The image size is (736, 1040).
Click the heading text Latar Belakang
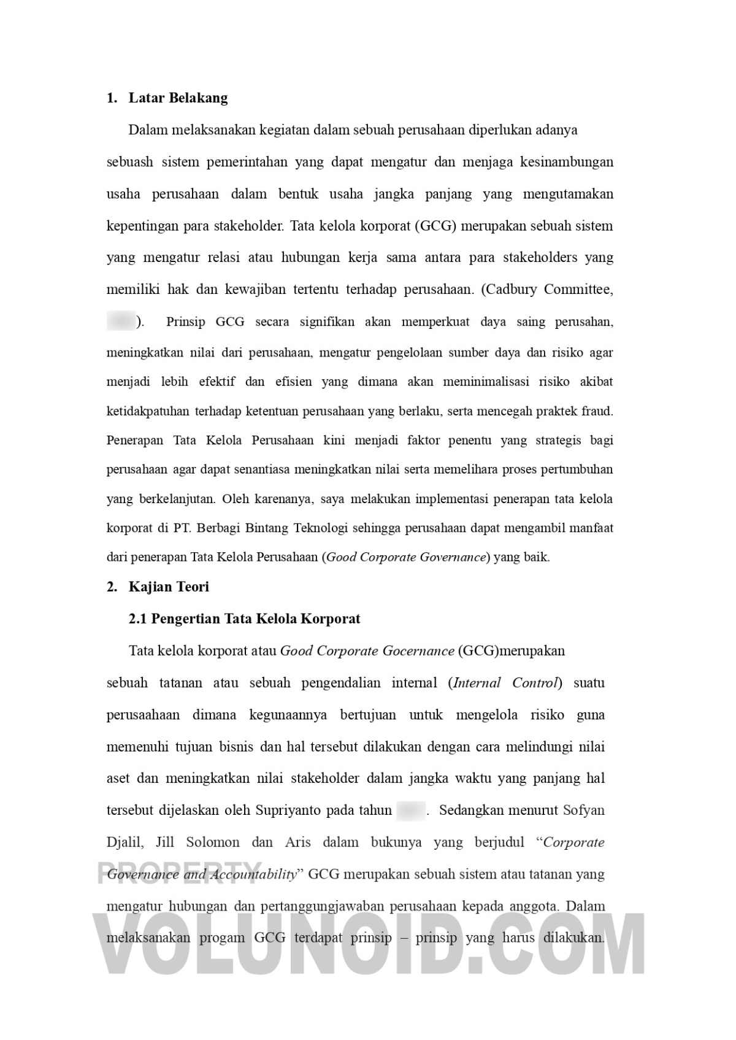[x=178, y=98]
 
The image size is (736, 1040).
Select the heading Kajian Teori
[x=169, y=587]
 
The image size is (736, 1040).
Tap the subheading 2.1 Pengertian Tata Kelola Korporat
[x=245, y=618]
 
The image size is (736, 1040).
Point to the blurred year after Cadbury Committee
[x=121, y=322]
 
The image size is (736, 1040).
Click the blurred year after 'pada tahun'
[x=410, y=811]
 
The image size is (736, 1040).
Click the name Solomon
[x=213, y=842]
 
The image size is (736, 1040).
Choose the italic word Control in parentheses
[x=534, y=683]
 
